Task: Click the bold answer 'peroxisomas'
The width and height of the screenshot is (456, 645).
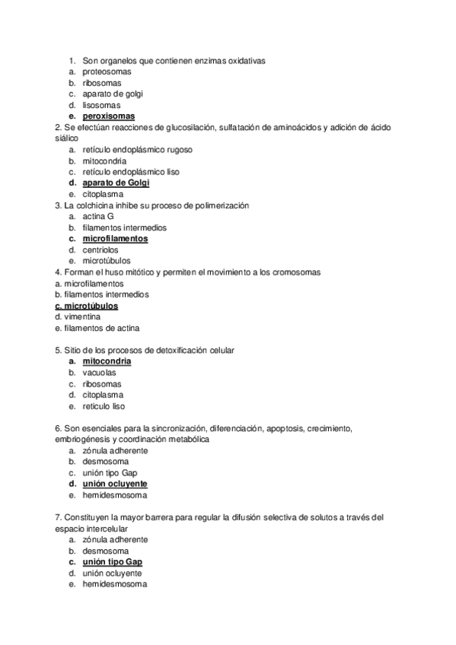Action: (x=108, y=116)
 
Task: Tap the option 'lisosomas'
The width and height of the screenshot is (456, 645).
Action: (x=101, y=105)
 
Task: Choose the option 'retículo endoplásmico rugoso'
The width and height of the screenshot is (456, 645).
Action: (x=137, y=150)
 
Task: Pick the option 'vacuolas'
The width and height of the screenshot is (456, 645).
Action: (x=100, y=373)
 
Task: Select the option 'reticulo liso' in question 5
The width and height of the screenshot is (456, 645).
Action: (x=104, y=406)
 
